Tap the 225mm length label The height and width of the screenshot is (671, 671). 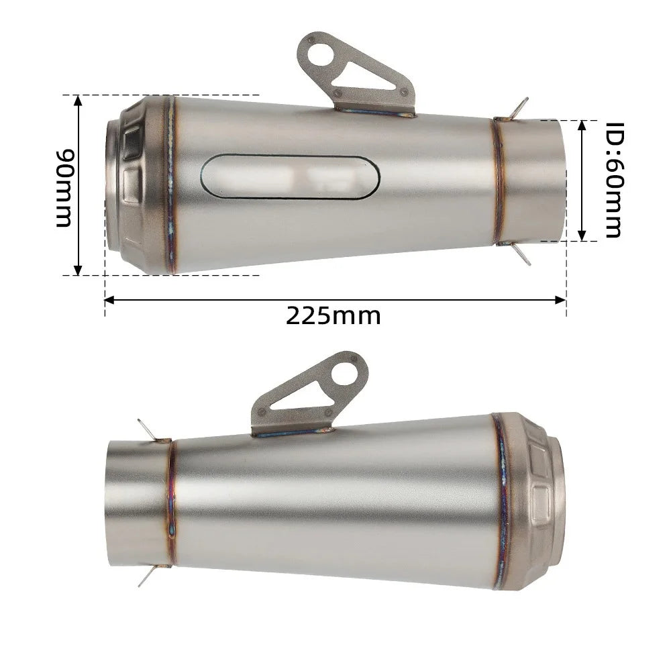(333, 315)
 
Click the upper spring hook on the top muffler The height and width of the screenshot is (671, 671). (518, 107)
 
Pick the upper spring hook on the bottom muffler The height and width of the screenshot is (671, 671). (147, 429)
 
